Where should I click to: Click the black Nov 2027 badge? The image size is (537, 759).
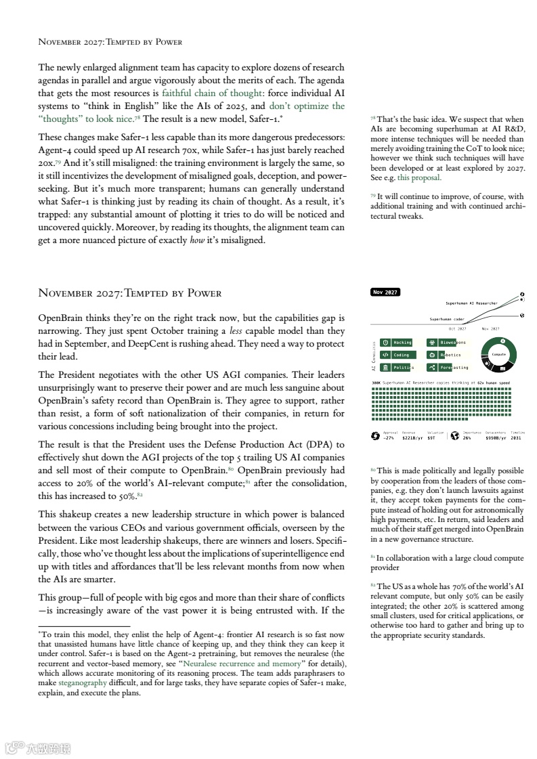[385, 292]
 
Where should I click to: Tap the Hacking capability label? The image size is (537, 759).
[402, 343]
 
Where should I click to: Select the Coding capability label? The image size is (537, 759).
[401, 355]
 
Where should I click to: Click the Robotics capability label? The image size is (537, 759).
[450, 355]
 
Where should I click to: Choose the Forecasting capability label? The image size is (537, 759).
[453, 368]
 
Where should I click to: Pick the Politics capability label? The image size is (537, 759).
[402, 368]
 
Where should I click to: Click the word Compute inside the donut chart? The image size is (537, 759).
[499, 354]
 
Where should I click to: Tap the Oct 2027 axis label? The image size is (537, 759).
[458, 328]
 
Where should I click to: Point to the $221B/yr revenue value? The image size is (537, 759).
[412, 438]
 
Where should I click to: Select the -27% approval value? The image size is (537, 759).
[389, 438]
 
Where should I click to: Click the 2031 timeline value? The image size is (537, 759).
[517, 438]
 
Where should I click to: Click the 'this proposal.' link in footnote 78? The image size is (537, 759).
[419, 178]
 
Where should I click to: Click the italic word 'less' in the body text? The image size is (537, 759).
[236, 331]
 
